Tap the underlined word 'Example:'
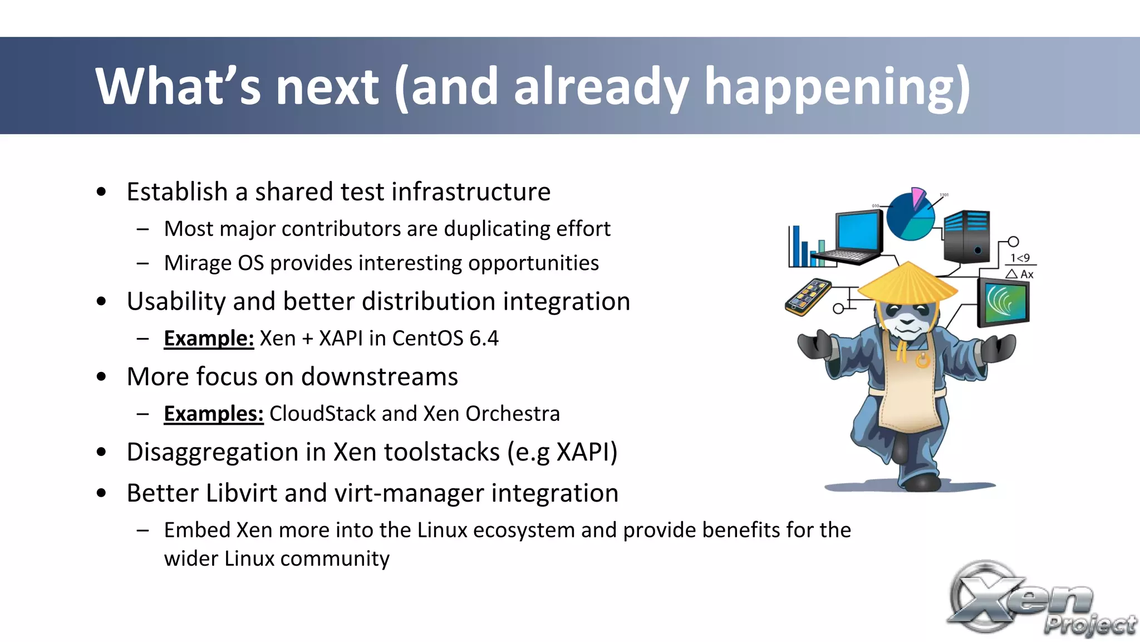coord(209,339)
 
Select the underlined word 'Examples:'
coord(213,414)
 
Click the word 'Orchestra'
coord(512,414)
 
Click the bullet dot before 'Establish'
coord(101,192)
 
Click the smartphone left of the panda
coord(808,297)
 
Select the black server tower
coord(967,236)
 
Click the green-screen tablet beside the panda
coord(1004,302)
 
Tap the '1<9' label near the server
coord(1020,258)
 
